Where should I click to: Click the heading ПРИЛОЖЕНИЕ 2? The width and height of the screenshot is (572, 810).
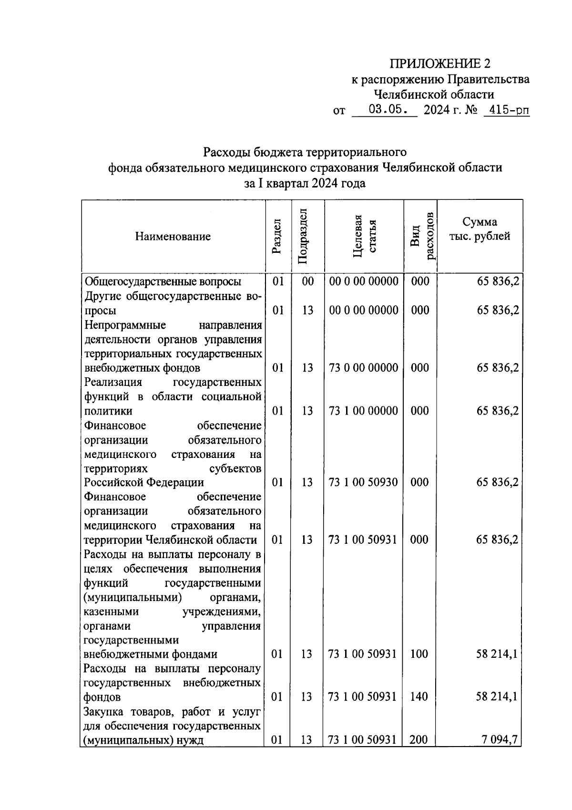(x=439, y=63)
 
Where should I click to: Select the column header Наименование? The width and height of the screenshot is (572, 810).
(x=173, y=236)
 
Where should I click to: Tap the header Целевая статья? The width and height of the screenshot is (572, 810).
(x=364, y=236)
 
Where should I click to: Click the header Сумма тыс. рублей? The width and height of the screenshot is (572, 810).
(x=480, y=228)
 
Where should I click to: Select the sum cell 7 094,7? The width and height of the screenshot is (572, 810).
(x=500, y=740)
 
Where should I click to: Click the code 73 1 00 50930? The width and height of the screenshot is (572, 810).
(x=363, y=482)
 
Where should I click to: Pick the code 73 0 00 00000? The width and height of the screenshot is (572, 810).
(x=363, y=368)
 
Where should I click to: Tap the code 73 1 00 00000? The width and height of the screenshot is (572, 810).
(x=363, y=411)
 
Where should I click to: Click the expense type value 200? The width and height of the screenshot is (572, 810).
(x=419, y=740)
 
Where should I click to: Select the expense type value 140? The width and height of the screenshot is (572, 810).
(x=419, y=697)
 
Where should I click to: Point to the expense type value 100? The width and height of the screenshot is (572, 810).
(x=419, y=654)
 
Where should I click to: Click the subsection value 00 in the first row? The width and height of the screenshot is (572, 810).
(x=308, y=281)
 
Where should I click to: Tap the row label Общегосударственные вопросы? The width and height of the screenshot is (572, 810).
(x=163, y=281)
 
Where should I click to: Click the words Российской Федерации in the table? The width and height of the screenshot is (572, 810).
(x=144, y=482)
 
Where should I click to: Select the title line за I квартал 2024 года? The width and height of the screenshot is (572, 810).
(x=305, y=183)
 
